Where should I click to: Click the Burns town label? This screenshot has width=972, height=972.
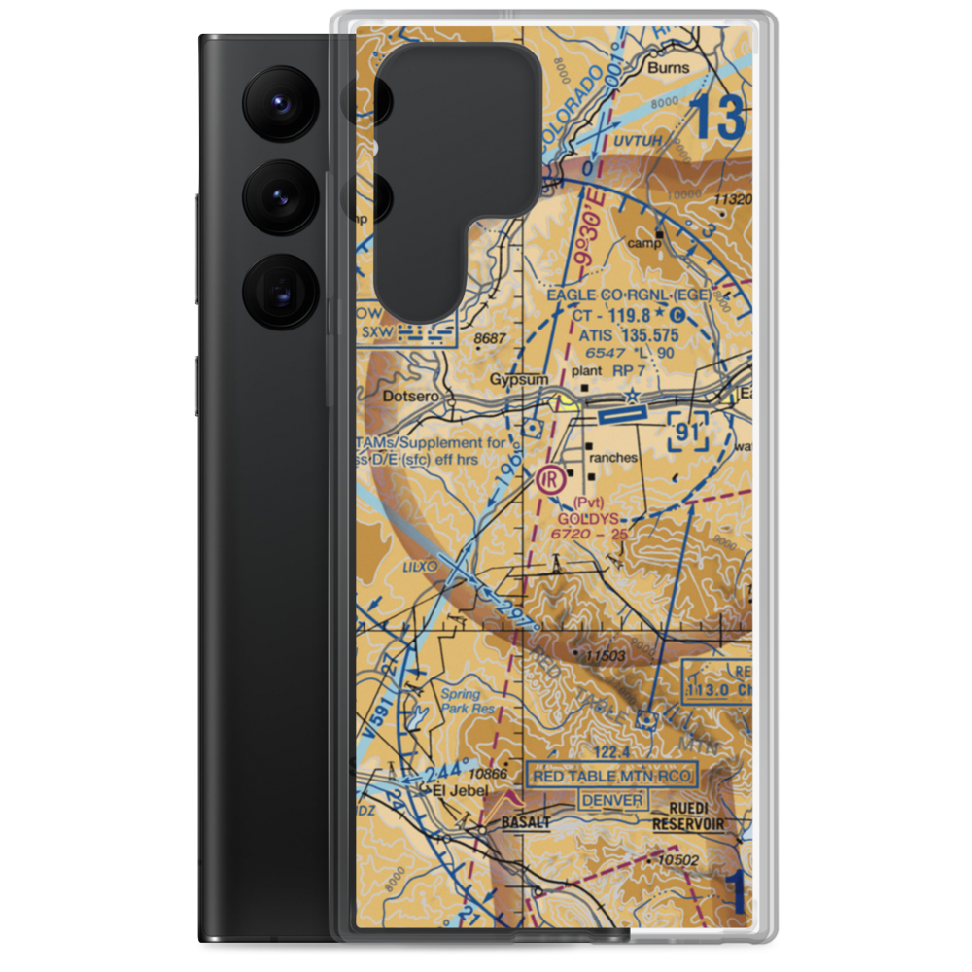coord(669,68)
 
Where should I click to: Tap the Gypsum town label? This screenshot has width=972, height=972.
coord(519,379)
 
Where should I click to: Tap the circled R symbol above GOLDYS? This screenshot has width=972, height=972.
coord(550,478)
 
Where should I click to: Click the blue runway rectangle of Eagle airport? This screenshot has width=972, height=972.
coord(623,416)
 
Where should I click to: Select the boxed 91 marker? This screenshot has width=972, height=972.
coord(687,430)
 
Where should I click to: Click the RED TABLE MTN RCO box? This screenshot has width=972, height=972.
coord(611,775)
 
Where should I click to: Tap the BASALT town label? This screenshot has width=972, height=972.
coord(526,822)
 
